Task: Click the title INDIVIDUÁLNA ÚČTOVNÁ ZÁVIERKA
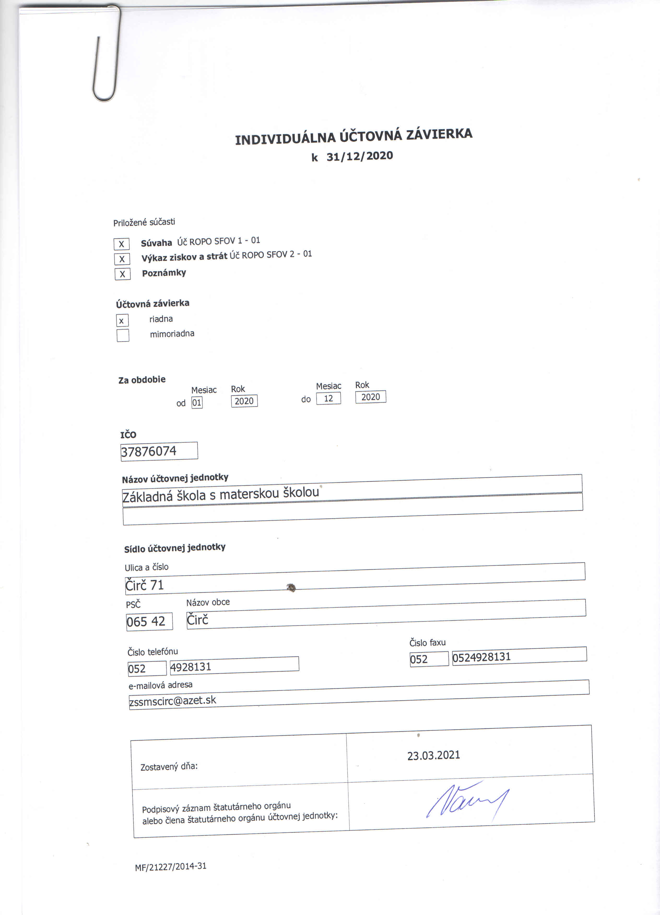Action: click(x=353, y=136)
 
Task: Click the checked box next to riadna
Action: click(x=122, y=321)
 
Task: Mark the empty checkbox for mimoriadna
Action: click(x=123, y=335)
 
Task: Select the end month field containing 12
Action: click(x=328, y=398)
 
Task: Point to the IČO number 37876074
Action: click(x=149, y=451)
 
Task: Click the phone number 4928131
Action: click(x=191, y=667)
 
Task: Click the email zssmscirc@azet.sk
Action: click(x=173, y=701)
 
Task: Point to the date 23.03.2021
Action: click(x=434, y=755)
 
